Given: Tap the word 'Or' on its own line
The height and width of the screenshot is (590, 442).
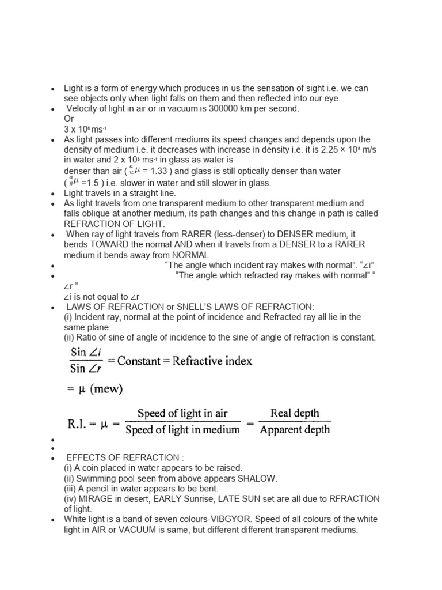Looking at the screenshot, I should pyautogui.click(x=69, y=119).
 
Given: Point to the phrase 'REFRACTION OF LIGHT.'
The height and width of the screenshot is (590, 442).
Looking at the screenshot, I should pyautogui.click(x=115, y=224).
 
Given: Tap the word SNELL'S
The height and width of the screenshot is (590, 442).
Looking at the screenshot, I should pyautogui.click(x=200, y=306).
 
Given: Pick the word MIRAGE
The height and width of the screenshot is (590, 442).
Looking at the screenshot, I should pyautogui.click(x=96, y=498).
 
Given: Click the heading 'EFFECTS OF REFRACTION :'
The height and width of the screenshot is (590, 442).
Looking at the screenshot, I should pyautogui.click(x=125, y=457).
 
